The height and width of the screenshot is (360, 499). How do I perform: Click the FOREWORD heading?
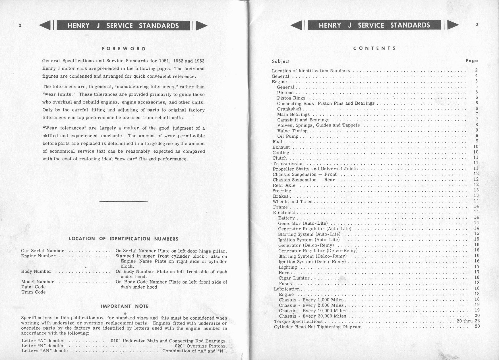pyautogui.click(x=124, y=49)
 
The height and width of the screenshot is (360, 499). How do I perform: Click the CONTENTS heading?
pyautogui.click(x=374, y=48)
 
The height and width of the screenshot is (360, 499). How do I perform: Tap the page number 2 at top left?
pyautogui.click(x=20, y=25)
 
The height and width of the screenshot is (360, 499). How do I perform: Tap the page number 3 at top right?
pyautogui.click(x=477, y=25)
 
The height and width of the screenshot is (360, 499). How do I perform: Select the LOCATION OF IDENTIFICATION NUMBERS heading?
pyautogui.click(x=123, y=239)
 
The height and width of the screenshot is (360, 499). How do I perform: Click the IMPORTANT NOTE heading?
pyautogui.click(x=125, y=306)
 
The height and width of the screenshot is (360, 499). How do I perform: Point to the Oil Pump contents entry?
pyautogui.click(x=288, y=136)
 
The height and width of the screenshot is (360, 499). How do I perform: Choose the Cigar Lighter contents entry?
pyautogui.click(x=294, y=278)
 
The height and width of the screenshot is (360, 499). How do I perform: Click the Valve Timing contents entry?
pyautogui.click(x=292, y=131)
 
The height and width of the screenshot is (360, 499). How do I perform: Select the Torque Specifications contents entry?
pyautogui.click(x=298, y=322)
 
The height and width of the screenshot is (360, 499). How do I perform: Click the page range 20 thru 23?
pyautogui.click(x=468, y=321)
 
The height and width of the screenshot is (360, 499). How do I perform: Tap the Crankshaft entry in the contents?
pyautogui.click(x=289, y=109)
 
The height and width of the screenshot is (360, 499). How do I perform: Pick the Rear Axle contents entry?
pyautogui.click(x=284, y=185)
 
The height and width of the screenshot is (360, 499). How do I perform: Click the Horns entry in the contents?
pyautogui.click(x=285, y=273)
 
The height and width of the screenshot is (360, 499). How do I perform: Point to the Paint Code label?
pyautogui.click(x=33, y=287)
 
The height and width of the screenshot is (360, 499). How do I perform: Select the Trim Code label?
pyautogui.click(x=33, y=292)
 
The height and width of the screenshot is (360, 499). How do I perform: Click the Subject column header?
pyautogui.click(x=281, y=61)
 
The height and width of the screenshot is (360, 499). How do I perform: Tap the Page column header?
pyautogui.click(x=472, y=61)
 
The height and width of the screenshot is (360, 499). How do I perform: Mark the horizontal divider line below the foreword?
pyautogui.click(x=123, y=201)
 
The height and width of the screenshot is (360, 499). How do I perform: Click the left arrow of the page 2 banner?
pyautogui.click(x=45, y=25)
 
